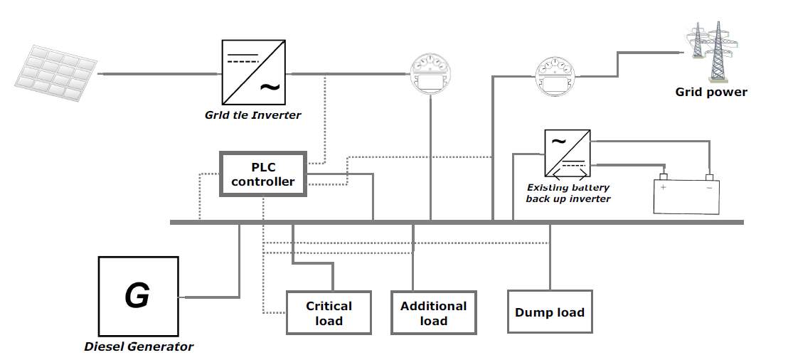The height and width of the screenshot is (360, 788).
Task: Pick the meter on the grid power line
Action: coord(559,76)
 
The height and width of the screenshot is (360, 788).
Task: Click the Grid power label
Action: coord(711,92)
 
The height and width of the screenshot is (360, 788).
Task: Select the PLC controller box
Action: coord(263,174)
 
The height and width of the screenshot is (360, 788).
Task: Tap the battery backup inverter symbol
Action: coord(567,153)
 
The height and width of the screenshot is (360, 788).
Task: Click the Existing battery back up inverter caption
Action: coord(568,193)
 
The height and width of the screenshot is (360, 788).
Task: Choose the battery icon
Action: coord(686,194)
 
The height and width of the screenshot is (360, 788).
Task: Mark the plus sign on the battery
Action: coord(664,188)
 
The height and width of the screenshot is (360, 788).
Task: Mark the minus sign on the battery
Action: coord(708,188)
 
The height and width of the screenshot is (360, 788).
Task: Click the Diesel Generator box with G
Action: coord(137,296)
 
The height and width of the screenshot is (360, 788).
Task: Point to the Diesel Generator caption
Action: coord(139,347)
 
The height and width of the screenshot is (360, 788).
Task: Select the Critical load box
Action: coord(329,313)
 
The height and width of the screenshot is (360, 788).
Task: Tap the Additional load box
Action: coord(433,313)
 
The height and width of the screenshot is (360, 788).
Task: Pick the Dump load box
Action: coord(549,312)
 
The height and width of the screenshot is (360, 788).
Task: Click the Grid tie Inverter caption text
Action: coord(253,115)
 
